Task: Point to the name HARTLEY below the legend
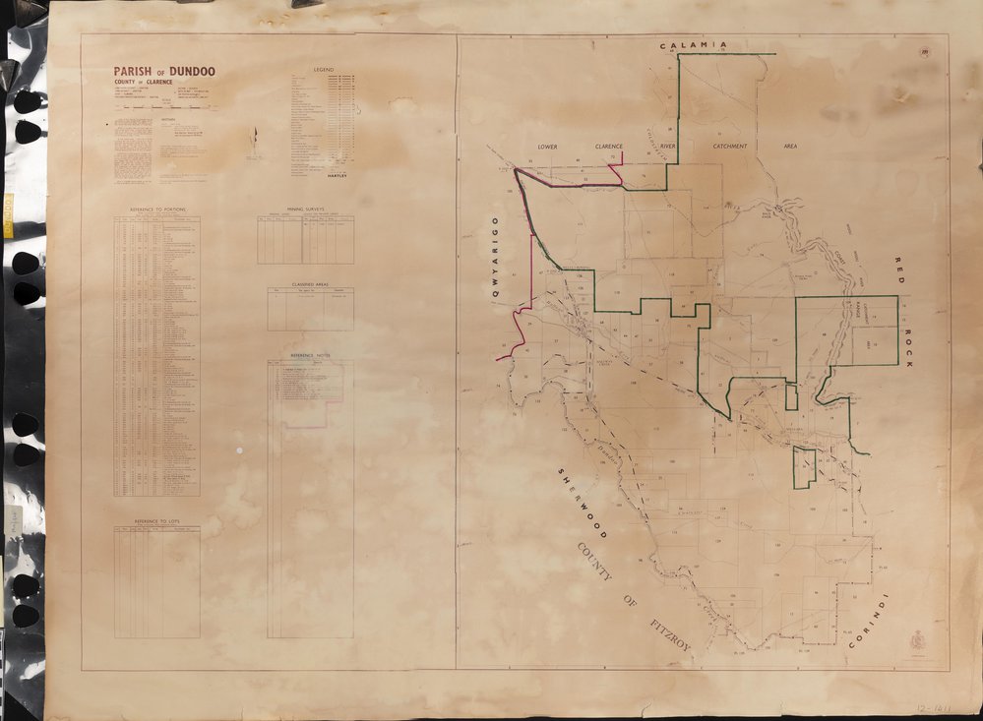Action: [x=338, y=173]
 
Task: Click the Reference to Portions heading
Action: [x=156, y=210]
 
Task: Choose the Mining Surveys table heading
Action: [x=306, y=210]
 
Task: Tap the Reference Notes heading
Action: [x=310, y=354]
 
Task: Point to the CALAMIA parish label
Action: [x=694, y=45]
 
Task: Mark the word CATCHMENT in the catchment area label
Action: [x=730, y=146]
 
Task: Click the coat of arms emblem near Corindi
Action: [x=917, y=639]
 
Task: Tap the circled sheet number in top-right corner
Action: [x=926, y=52]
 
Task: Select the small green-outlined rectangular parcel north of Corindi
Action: [x=805, y=468]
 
